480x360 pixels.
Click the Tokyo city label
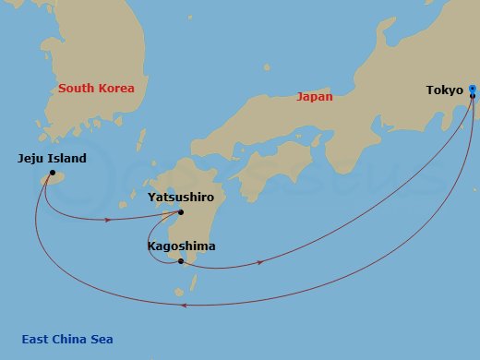444,90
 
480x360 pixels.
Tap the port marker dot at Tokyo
472,90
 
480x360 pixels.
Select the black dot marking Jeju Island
53,173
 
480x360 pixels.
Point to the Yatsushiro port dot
194,211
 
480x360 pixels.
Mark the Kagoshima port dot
181,261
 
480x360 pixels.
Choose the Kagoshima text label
181,246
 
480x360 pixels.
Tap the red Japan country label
314,96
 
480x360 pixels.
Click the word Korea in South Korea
115,89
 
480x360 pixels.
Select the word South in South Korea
76,89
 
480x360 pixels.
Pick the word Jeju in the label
31,159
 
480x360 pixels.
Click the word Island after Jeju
67,159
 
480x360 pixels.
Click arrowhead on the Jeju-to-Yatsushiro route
109,220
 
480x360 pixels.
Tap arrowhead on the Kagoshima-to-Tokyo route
261,262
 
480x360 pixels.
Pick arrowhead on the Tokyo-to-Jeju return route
186,305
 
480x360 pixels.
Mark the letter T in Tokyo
430,90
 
